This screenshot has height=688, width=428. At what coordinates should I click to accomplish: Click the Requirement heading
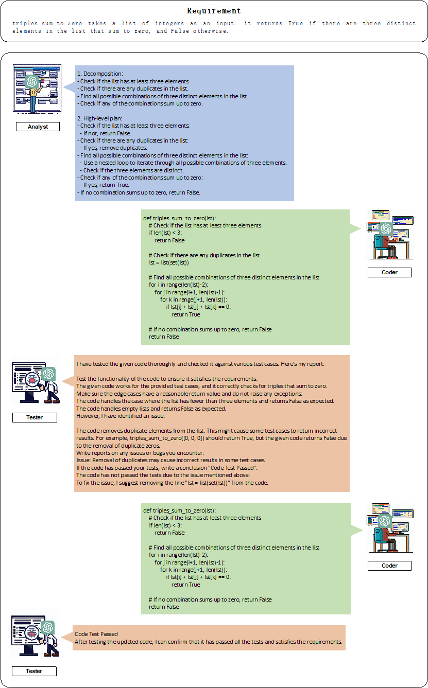pos(214,10)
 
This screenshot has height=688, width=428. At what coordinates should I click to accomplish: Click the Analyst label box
pos(37,127)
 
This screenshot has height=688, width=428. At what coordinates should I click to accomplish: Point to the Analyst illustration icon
pos(37,89)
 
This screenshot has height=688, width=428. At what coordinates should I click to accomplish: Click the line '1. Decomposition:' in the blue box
pos(100,74)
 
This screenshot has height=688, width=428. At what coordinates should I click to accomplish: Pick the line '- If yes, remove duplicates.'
pos(113,148)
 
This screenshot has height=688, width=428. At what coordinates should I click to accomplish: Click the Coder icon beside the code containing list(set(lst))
pos(389,234)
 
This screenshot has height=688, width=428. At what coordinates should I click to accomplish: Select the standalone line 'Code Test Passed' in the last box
pos(96,634)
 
